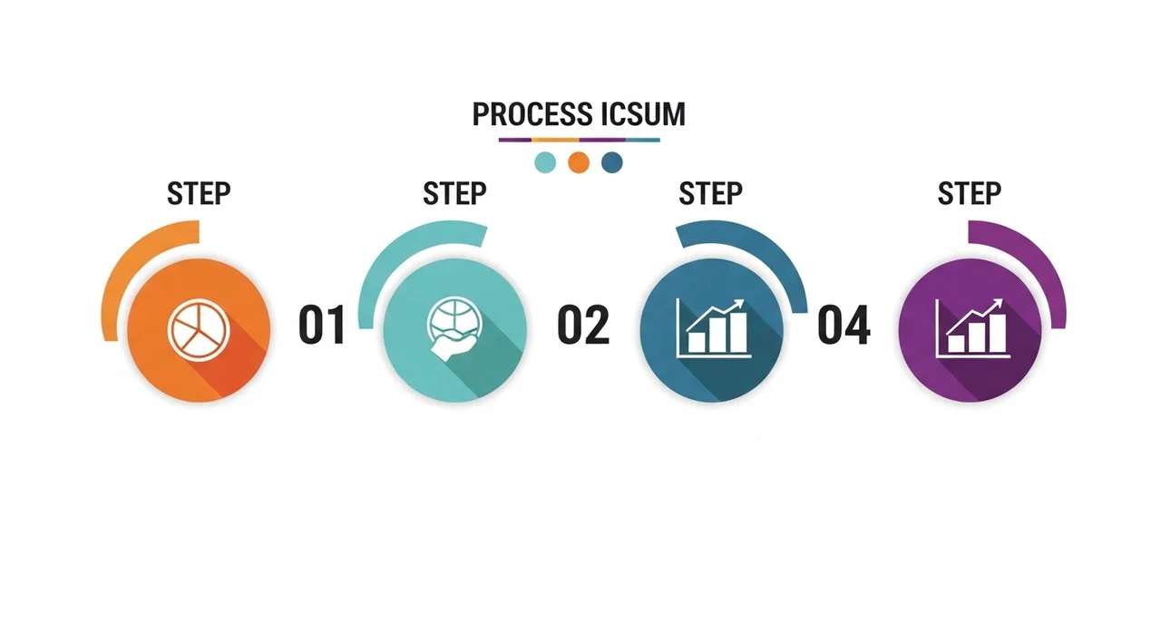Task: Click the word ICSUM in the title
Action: coord(644,114)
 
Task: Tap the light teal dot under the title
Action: coord(545,162)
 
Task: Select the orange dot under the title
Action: coord(579,162)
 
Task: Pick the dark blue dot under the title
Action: coord(612,162)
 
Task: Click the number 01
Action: coord(322,325)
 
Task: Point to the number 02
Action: coord(583,325)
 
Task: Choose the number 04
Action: coord(844,325)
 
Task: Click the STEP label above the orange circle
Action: coord(199,194)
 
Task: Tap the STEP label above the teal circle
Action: coord(454,194)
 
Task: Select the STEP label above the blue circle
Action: coord(710,194)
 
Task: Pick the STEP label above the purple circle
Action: coord(970,194)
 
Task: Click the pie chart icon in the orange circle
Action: coord(199,329)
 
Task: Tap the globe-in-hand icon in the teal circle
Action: coord(454,329)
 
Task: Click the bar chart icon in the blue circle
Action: coord(714,328)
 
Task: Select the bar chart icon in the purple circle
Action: coord(973,328)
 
